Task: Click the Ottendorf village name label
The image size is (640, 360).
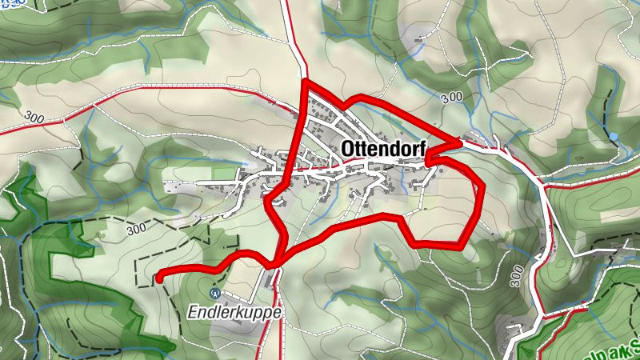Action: click(x=383, y=149)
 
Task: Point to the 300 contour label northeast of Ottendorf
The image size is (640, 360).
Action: click(x=451, y=97)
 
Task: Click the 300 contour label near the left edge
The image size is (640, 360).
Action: click(x=34, y=117)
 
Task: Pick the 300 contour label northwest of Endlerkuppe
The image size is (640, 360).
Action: click(x=136, y=228)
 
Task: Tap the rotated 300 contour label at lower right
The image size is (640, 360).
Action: click(x=518, y=277)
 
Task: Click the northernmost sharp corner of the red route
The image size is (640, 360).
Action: click(x=305, y=82)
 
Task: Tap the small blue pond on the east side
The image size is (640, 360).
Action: click(x=613, y=136)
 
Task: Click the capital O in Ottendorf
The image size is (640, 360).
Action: click(x=348, y=149)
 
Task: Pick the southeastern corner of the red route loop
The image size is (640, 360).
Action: click(x=462, y=243)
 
